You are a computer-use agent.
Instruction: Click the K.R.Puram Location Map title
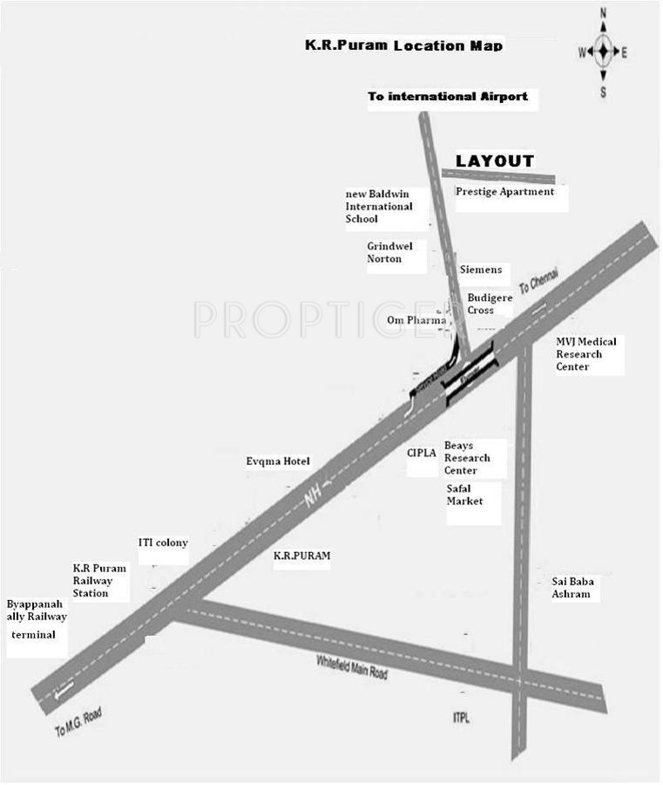pyautogui.click(x=403, y=44)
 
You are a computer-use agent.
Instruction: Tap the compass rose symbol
pyautogui.click(x=603, y=51)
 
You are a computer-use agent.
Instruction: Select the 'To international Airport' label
pyautogui.click(x=447, y=96)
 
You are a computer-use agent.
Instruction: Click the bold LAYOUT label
pyautogui.click(x=495, y=161)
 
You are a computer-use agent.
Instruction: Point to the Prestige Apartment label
pyautogui.click(x=504, y=192)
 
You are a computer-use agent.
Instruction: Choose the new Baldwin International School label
pyautogui.click(x=379, y=206)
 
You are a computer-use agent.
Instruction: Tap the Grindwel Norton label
pyautogui.click(x=389, y=252)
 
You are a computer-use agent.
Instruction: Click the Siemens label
pyautogui.click(x=480, y=270)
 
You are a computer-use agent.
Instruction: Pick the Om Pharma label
pyautogui.click(x=416, y=320)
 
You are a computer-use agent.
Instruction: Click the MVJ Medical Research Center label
pyautogui.click(x=585, y=354)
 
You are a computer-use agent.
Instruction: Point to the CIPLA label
pyautogui.click(x=421, y=453)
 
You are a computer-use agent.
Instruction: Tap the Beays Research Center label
pyautogui.click(x=467, y=458)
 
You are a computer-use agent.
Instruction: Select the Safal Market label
pyautogui.click(x=464, y=495)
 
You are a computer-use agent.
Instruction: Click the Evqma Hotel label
pyautogui.click(x=278, y=461)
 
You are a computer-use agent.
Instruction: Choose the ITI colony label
pyautogui.click(x=163, y=543)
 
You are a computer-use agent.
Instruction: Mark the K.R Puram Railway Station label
pyautogui.click(x=98, y=580)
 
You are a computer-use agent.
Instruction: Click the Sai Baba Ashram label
pyautogui.click(x=571, y=587)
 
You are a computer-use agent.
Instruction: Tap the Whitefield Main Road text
pyautogui.click(x=352, y=666)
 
